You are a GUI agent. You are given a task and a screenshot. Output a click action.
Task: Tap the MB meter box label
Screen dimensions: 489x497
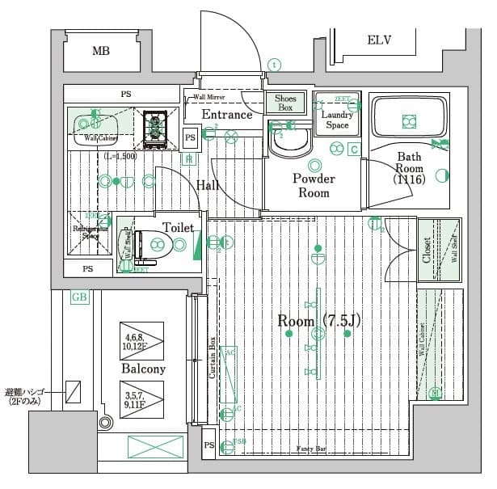click(x=100, y=52)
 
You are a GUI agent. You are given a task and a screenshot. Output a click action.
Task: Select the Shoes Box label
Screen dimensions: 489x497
click(x=285, y=103)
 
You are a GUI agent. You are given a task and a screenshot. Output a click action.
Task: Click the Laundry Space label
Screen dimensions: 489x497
click(x=337, y=120)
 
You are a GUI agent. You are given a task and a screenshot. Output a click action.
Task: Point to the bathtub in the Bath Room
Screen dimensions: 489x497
click(x=409, y=120)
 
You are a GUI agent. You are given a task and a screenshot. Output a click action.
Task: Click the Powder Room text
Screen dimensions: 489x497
click(x=313, y=186)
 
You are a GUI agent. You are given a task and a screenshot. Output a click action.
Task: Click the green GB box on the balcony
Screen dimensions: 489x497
click(x=79, y=297)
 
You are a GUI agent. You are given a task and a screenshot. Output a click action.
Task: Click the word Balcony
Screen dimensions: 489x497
click(x=143, y=369)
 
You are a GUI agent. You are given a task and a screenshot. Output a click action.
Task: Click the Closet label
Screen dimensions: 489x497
click(x=427, y=251)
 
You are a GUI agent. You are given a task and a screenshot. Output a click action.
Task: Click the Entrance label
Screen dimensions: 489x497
click(x=227, y=115)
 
